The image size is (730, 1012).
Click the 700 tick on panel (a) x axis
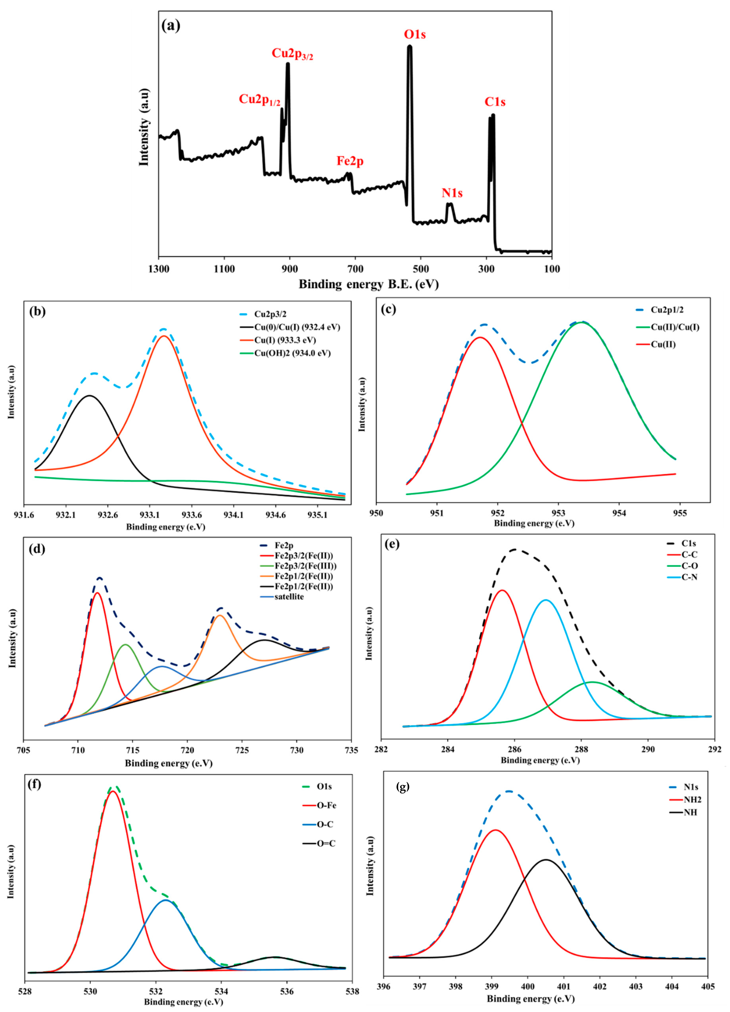pos(355,269)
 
